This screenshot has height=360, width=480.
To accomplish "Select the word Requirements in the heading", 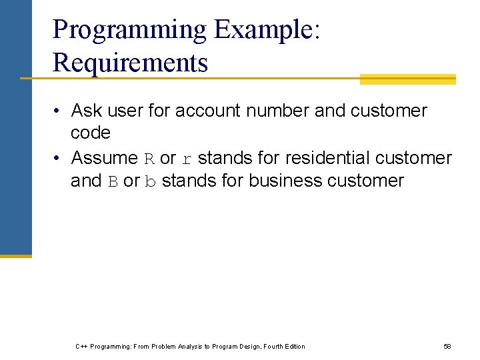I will click(130, 63).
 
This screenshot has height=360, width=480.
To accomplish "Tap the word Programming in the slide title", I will click(130, 30).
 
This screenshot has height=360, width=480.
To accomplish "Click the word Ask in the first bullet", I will click(85, 110).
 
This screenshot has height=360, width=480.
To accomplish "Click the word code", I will click(90, 133).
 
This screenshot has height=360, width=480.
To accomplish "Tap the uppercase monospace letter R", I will click(149, 159).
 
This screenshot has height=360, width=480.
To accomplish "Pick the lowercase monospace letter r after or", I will click(187, 159).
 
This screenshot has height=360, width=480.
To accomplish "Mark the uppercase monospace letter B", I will click(113, 181).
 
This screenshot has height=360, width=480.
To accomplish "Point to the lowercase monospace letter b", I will click(150, 181).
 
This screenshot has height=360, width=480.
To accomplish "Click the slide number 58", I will click(447, 346).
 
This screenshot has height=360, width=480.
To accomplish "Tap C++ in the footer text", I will click(81, 346).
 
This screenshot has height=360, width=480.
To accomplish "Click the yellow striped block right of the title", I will click(407, 79).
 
